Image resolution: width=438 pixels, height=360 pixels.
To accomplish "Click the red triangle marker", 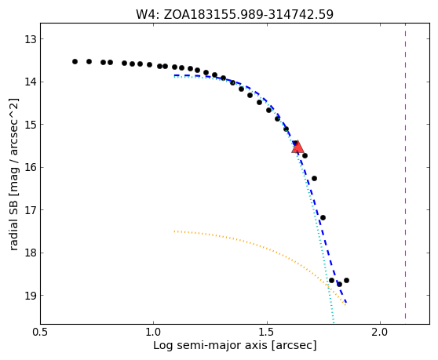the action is pyautogui.click(x=297, y=147).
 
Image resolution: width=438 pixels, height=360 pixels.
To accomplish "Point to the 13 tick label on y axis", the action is pyautogui.click(x=31, y=39).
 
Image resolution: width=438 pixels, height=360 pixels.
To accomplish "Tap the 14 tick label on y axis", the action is pyautogui.click(x=31, y=82).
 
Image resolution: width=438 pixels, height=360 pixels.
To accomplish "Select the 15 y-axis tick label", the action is pyautogui.click(x=31, y=124).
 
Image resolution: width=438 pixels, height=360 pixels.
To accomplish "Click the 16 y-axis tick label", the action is pyautogui.click(x=31, y=167).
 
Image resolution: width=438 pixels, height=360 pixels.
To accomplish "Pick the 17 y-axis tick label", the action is pyautogui.click(x=31, y=209).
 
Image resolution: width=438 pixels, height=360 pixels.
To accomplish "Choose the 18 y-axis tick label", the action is pyautogui.click(x=31, y=253).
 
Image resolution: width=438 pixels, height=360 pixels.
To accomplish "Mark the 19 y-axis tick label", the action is pyautogui.click(x=31, y=295).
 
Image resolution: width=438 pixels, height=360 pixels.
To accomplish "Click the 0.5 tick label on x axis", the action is pyautogui.click(x=41, y=333).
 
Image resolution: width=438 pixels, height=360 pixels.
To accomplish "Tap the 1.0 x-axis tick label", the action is pyautogui.click(x=154, y=333).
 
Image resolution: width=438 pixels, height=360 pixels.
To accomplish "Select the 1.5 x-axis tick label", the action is pyautogui.click(x=268, y=333).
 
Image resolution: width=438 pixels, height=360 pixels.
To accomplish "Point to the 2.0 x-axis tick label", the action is pyautogui.click(x=381, y=333).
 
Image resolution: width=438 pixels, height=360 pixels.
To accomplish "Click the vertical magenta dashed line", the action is pyautogui.click(x=405, y=171).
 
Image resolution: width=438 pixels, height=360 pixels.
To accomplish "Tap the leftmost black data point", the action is pyautogui.click(x=75, y=61).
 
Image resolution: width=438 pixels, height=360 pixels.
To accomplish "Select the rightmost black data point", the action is pyautogui.click(x=346, y=280).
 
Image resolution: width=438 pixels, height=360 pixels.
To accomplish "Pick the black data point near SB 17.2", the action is pyautogui.click(x=323, y=217).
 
